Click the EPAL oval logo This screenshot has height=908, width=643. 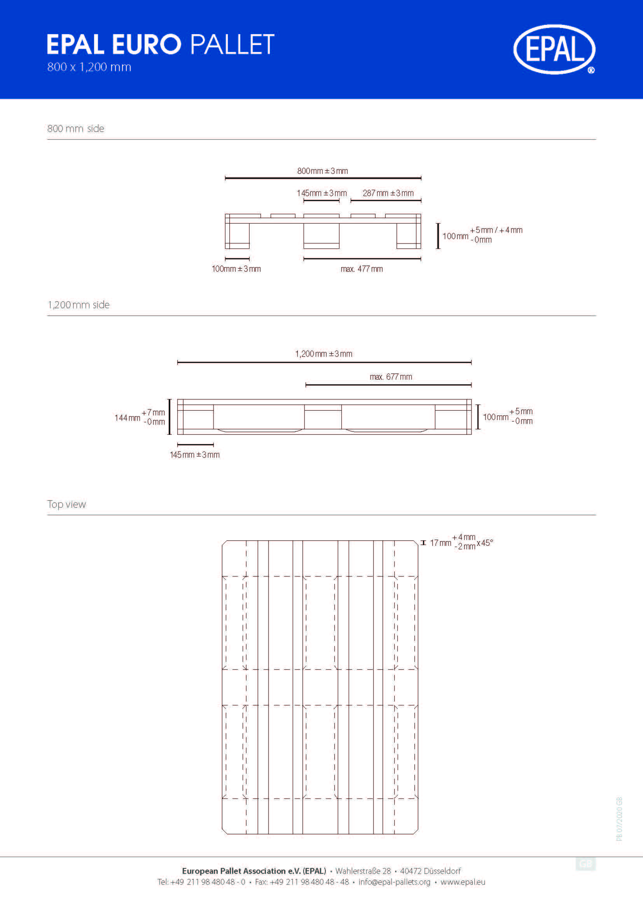(554, 49)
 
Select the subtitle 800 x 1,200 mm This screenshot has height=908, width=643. (89, 67)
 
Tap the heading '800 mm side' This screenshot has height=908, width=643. (76, 128)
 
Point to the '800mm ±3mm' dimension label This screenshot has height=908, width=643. (322, 171)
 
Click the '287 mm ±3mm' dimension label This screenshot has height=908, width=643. (388, 193)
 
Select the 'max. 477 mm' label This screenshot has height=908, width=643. (362, 269)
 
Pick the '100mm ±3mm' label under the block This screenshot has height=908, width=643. (236, 269)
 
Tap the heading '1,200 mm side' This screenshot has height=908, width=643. (79, 305)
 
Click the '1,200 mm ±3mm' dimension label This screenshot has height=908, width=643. (323, 354)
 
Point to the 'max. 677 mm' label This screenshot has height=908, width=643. (391, 377)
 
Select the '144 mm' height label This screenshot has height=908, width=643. (128, 418)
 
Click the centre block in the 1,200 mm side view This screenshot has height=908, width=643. (323, 419)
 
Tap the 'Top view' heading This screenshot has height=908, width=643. (66, 504)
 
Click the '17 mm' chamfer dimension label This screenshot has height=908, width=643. (440, 543)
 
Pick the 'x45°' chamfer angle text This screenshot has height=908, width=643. (485, 543)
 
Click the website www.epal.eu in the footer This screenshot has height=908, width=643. (463, 882)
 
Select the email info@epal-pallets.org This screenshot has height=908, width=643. (394, 882)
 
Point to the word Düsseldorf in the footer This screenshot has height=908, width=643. (442, 871)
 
